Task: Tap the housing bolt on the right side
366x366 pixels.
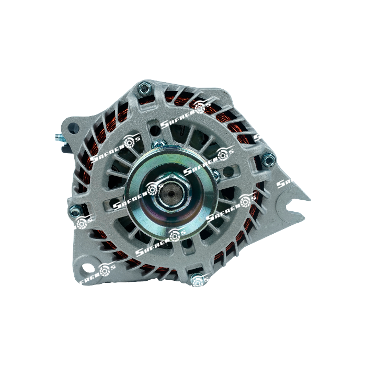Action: click(x=268, y=160)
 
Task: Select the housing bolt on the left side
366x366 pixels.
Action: click(x=75, y=210)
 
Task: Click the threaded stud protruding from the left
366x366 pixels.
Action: click(x=59, y=138)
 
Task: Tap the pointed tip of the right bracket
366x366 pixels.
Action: click(x=308, y=199)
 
